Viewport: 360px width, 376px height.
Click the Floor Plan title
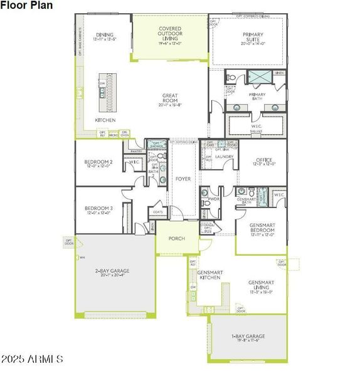[26, 5]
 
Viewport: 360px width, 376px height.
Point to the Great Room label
[170, 99]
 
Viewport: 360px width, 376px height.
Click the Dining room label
[103, 36]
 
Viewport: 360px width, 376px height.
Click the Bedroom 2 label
[98, 164]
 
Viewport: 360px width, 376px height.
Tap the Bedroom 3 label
[98, 210]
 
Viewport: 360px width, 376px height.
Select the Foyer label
[183, 179]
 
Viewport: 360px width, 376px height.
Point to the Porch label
[176, 239]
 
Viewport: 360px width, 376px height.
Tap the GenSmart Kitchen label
[210, 275]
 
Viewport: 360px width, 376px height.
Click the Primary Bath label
[257, 97]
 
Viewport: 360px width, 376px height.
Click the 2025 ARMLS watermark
[33, 360]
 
